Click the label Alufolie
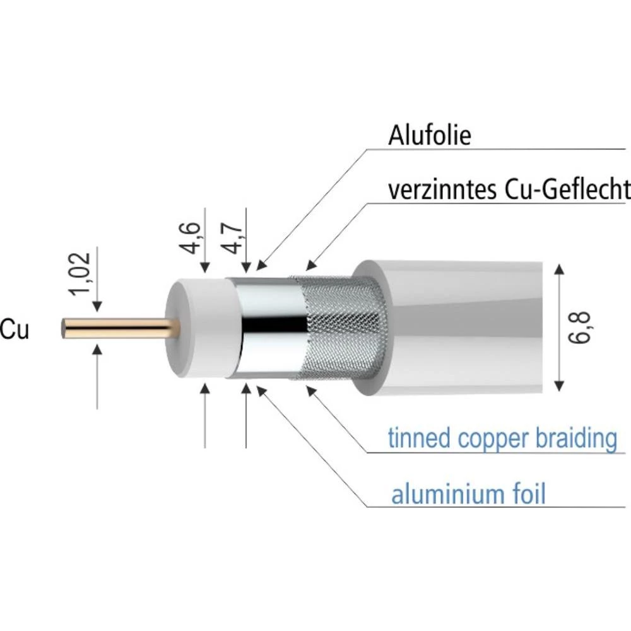coord(430,135)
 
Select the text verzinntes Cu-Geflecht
coord(509,189)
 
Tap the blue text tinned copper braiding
coord(502,437)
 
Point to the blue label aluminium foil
coord(468,494)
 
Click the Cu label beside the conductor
coord(14,329)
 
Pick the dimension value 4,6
coord(192,236)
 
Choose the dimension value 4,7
coord(234,236)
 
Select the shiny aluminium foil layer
coord(265,328)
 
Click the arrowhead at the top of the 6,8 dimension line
coord(558,270)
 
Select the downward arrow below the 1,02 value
coord(97,307)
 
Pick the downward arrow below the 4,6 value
coord(204,269)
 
